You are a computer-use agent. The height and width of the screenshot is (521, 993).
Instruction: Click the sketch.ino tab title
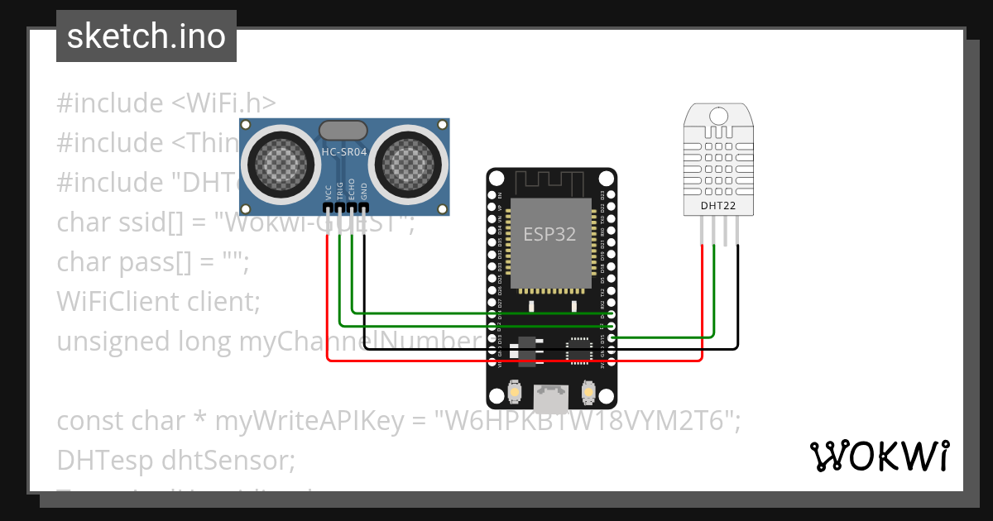point(146,36)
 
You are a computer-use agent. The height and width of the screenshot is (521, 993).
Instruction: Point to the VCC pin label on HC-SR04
point(329,194)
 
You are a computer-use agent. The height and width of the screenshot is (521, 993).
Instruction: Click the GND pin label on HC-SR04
point(363,194)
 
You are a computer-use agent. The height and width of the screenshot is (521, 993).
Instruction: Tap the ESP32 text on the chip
point(549,234)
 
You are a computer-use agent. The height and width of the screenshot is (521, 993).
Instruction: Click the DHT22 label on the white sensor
point(718,205)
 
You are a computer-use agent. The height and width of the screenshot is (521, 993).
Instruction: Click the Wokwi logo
point(878,456)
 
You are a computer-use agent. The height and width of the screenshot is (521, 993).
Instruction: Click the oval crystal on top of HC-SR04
point(343,130)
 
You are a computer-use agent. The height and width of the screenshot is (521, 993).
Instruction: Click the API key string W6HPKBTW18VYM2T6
point(587,421)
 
